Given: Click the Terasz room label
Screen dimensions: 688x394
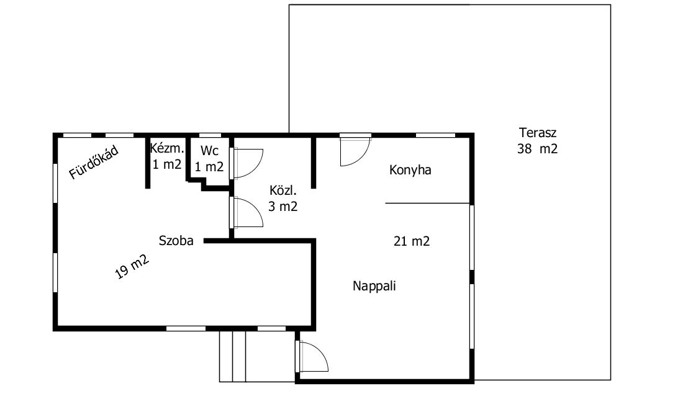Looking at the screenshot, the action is pyautogui.click(x=538, y=132).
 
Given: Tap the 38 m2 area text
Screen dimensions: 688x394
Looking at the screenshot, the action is pyautogui.click(x=538, y=149).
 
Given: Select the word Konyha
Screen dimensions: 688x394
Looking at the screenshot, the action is pyautogui.click(x=410, y=170).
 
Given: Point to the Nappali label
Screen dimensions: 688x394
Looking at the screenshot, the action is pyautogui.click(x=374, y=286).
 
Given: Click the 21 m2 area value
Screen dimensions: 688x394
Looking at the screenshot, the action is pyautogui.click(x=412, y=241).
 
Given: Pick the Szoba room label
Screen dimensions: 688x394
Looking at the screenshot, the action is pyautogui.click(x=176, y=241).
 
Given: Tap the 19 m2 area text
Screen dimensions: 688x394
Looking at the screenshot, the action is pyautogui.click(x=132, y=266).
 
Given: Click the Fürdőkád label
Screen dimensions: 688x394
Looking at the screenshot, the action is pyautogui.click(x=94, y=163).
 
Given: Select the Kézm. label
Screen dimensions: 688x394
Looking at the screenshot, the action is pyautogui.click(x=167, y=148).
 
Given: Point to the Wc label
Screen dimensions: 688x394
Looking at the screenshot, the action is pyautogui.click(x=209, y=151).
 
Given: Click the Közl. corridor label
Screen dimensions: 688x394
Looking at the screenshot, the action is pyautogui.click(x=283, y=190).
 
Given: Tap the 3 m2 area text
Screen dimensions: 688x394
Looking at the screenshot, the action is pyautogui.click(x=283, y=206).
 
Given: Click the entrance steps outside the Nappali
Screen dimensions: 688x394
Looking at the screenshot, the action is pyautogui.click(x=257, y=356).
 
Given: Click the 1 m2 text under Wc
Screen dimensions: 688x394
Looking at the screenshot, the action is pyautogui.click(x=209, y=167).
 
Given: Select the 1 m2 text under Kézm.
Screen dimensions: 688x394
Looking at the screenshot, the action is pyautogui.click(x=167, y=164).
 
